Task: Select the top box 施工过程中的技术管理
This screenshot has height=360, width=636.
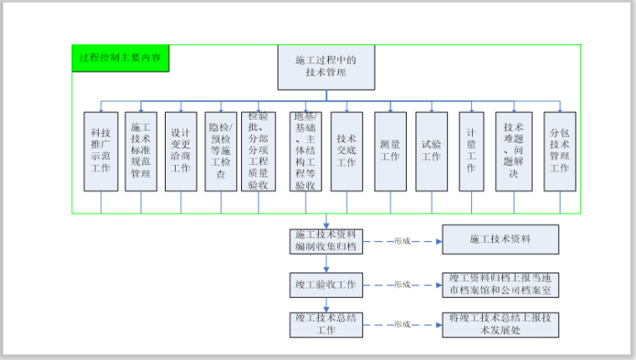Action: [326, 67]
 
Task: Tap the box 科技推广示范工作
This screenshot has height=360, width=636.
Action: [100, 152]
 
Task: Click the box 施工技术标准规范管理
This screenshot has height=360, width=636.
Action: [141, 152]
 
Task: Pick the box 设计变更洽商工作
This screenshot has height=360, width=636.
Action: [181, 152]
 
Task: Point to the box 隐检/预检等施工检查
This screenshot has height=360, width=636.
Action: [221, 152]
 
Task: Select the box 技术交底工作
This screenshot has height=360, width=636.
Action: [346, 152]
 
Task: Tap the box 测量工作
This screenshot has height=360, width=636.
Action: [390, 152]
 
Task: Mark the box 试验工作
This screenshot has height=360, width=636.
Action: [431, 152]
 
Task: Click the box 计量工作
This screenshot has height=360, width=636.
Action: [472, 152]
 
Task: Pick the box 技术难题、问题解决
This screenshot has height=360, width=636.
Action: [514, 152]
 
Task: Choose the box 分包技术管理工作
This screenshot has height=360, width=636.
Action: [559, 152]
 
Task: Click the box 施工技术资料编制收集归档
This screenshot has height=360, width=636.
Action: [325, 240]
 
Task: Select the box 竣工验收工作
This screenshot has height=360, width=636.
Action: [325, 285]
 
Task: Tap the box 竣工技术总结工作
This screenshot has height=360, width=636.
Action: [325, 325]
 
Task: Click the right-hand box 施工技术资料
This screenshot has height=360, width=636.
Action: [500, 239]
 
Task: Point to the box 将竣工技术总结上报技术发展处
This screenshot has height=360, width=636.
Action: [500, 325]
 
